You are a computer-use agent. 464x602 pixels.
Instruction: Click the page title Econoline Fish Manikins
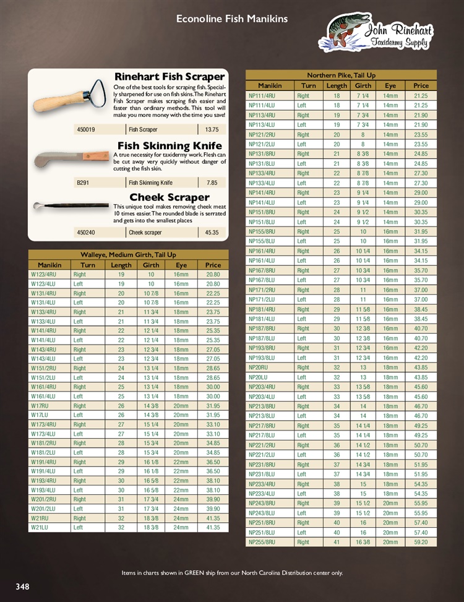click(232, 19)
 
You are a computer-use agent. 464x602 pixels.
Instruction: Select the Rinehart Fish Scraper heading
click(169, 77)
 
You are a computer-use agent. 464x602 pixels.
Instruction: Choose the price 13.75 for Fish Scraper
click(212, 130)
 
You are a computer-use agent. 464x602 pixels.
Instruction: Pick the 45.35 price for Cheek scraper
click(212, 233)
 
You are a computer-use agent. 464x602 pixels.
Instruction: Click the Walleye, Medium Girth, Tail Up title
click(128, 255)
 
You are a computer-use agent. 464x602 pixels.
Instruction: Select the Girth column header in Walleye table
click(151, 265)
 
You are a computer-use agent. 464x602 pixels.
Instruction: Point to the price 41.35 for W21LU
click(212, 528)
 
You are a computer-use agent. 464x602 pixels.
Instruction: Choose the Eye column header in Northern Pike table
click(390, 85)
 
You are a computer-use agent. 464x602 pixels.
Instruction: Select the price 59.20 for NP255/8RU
click(421, 542)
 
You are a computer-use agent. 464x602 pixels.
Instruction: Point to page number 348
click(22, 587)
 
